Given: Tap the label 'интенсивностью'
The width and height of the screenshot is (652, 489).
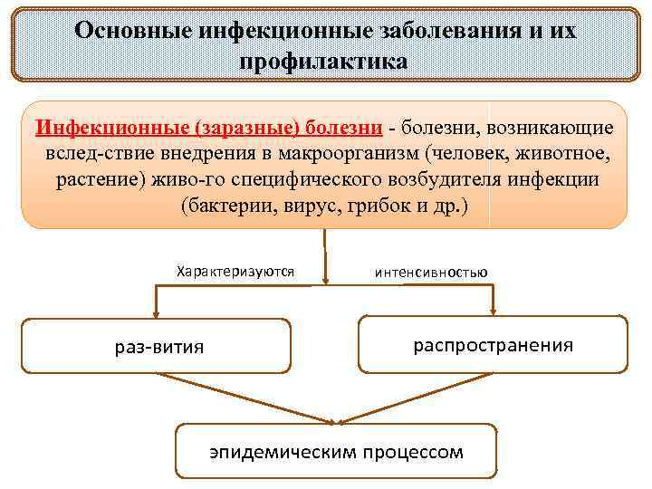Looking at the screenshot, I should click(x=430, y=272).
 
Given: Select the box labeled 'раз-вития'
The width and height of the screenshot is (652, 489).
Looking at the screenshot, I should click(x=157, y=346).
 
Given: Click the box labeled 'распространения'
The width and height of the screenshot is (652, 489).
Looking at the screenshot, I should click(x=493, y=344).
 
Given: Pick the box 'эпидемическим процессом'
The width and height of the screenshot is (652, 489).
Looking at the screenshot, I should click(x=335, y=450).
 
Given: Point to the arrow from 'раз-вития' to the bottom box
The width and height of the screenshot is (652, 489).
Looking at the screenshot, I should click(x=244, y=398).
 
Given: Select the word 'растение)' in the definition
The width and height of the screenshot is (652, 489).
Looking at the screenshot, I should click(x=95, y=178).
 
